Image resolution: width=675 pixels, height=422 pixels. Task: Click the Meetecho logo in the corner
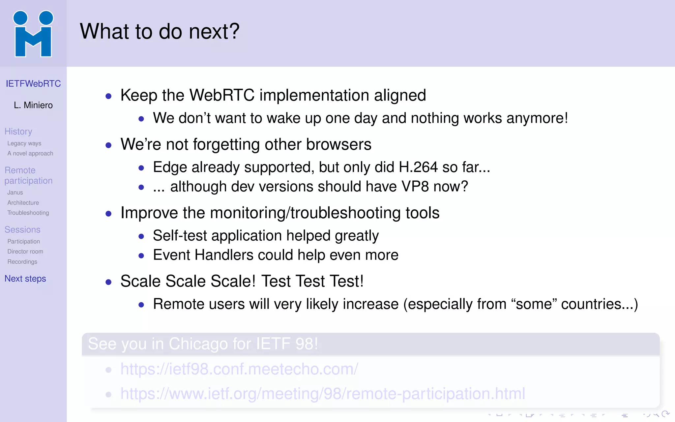point(33,34)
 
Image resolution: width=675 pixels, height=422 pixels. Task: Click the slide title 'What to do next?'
point(160,32)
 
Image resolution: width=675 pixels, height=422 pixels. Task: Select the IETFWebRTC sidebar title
point(33,84)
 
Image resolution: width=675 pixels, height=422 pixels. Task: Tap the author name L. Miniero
point(33,105)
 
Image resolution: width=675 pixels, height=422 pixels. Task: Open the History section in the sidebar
point(18,132)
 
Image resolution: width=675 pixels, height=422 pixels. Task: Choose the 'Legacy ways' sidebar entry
point(24,143)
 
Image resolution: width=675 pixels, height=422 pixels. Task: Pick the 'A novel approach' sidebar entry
point(30,154)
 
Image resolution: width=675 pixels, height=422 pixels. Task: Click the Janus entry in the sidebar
point(15,193)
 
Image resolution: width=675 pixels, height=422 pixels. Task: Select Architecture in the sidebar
point(23,203)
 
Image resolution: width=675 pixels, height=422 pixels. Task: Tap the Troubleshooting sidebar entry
point(28,213)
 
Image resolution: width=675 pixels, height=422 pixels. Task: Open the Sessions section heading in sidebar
point(22,230)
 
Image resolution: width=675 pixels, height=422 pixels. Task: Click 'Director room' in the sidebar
point(25,252)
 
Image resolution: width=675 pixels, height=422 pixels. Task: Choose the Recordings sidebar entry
point(22,262)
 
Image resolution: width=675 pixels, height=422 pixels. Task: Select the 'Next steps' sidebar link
point(25,279)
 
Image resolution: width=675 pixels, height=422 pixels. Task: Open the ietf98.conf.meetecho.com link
point(239,369)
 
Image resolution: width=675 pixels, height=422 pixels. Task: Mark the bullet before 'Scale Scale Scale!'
point(108,282)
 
